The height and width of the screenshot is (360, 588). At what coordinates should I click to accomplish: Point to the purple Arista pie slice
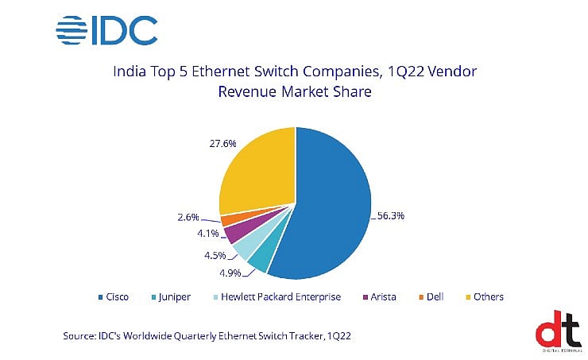tap(231, 234)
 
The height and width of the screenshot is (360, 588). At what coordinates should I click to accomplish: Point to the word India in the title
tap(132, 72)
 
